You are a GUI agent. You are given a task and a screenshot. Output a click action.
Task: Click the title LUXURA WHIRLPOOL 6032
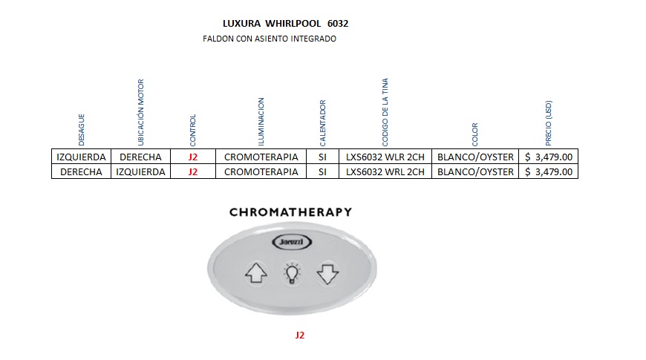[286, 24]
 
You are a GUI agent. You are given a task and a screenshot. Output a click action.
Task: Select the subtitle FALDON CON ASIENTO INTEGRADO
[270, 39]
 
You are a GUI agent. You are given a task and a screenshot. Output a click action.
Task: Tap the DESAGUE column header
[82, 129]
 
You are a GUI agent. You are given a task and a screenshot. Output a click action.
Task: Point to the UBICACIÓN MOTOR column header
[141, 112]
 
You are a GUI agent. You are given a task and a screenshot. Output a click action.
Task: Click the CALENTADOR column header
[322, 122]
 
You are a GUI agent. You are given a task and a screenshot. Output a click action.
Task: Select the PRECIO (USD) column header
[549, 122]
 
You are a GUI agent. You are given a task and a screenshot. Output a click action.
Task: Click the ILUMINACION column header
[261, 121]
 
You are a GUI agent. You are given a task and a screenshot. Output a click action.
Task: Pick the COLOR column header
[475, 134]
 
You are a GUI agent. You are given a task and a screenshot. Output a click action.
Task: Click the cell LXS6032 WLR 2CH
[385, 157]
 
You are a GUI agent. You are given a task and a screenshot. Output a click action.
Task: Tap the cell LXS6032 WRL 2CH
[385, 171]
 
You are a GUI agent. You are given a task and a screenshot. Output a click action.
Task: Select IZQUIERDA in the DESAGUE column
[82, 157]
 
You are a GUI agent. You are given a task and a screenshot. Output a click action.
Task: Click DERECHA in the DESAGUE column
[82, 171]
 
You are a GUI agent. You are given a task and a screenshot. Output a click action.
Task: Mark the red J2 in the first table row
[193, 157]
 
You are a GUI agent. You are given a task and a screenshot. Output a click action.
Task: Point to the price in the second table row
[549, 171]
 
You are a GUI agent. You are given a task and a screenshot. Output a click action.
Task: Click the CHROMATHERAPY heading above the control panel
[290, 212]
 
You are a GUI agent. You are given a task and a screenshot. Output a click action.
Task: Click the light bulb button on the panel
[291, 274]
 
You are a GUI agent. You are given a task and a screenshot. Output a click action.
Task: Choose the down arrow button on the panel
[327, 275]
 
